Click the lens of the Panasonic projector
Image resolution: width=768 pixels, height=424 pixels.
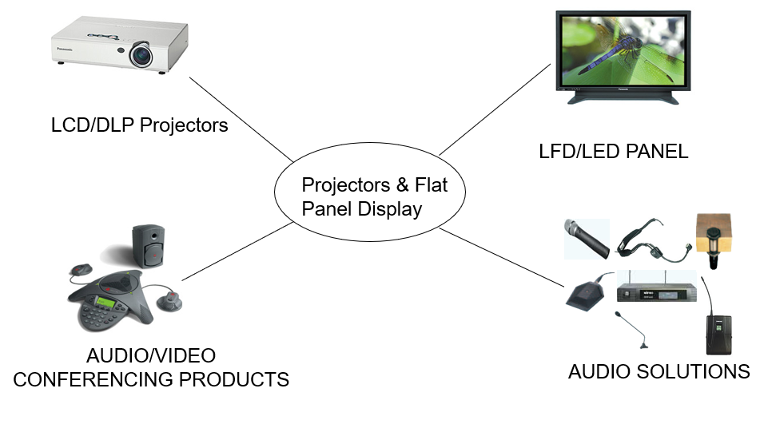[141, 56]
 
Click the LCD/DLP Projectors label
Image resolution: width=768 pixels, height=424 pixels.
[139, 126]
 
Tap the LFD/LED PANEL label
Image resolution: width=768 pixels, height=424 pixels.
[614, 151]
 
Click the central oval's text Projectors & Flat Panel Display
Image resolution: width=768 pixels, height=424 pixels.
[374, 196]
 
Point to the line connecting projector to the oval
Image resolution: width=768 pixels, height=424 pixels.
[240, 117]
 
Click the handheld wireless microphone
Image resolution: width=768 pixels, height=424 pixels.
[587, 237]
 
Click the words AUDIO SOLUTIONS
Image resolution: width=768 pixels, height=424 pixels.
[659, 371]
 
